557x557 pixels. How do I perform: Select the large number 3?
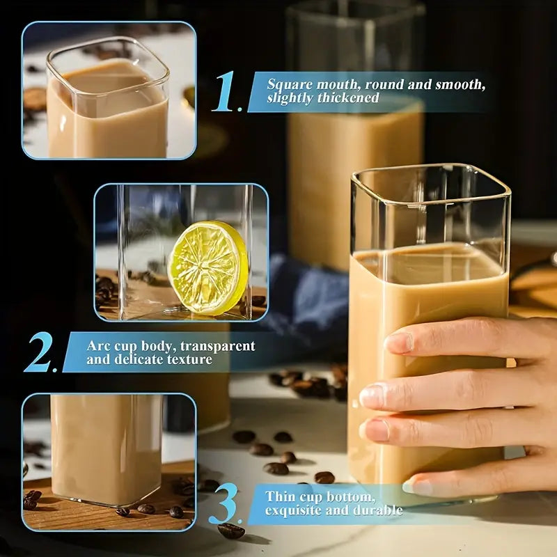pos(224,505)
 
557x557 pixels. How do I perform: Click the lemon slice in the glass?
pos(207,268)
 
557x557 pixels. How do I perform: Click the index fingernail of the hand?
pos(398,342)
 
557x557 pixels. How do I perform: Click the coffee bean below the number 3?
pos(230,531)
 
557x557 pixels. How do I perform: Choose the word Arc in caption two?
pos(98,346)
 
